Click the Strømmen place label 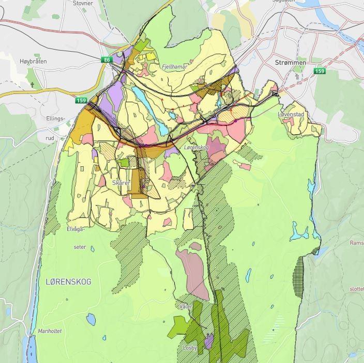[x=290, y=62]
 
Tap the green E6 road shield [x=107, y=60]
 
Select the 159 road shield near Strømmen [x=320, y=71]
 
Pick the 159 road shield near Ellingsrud [x=81, y=100]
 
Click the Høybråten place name [x=33, y=61]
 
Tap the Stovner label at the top [x=83, y=3]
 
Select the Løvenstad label [x=291, y=114]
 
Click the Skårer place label [x=121, y=183]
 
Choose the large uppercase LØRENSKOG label [x=68, y=281]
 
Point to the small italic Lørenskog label [x=196, y=148]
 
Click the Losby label [x=190, y=348]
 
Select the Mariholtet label [x=50, y=331]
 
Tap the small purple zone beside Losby [x=209, y=340]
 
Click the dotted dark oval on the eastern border [x=299, y=276]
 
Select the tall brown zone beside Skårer [x=136, y=182]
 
